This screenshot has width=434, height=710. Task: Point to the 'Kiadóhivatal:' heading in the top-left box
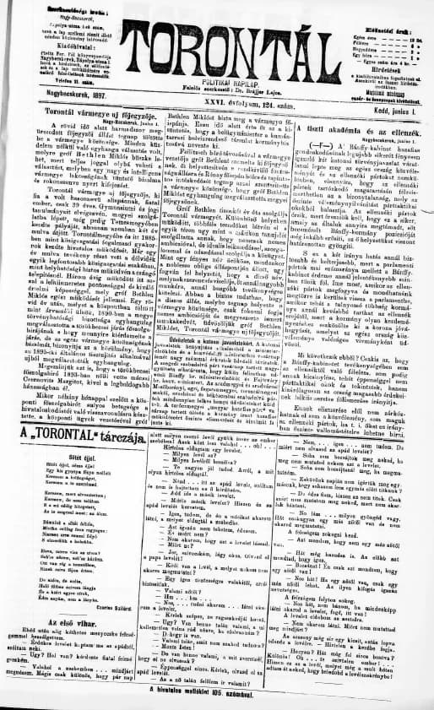57,40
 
